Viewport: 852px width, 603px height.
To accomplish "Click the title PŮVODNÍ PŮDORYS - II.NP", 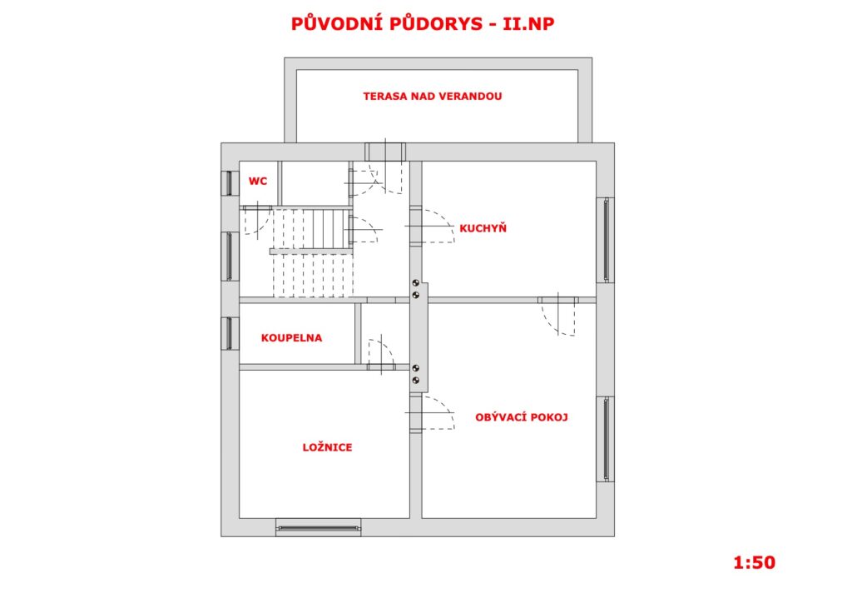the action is click(x=422, y=24).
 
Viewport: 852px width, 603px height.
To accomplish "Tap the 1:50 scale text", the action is click(x=754, y=562).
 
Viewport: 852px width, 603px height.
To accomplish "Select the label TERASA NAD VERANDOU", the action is click(x=433, y=97).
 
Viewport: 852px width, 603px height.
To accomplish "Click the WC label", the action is click(x=258, y=181).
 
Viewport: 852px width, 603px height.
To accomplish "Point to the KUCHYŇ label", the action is click(x=483, y=228).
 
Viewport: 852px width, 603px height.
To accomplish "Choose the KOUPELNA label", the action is click(x=292, y=337).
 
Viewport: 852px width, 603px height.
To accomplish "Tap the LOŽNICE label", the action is click(x=327, y=447).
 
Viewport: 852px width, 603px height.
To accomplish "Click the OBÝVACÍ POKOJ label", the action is click(x=522, y=417).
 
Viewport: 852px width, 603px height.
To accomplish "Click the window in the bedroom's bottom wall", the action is click(x=319, y=527).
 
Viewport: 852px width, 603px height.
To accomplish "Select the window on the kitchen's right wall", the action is click(x=606, y=241).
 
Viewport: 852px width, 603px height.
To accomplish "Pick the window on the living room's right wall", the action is click(x=606, y=439).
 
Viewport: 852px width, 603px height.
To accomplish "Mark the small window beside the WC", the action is click(x=230, y=184).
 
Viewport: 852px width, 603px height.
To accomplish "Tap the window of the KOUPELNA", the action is click(x=230, y=333).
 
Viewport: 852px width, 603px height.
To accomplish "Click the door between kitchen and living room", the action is click(x=558, y=316).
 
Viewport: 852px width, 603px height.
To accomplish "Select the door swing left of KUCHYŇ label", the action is click(x=431, y=227).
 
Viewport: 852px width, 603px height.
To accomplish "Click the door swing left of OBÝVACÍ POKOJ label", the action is click(x=431, y=413).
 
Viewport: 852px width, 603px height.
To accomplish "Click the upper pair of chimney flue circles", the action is click(x=416, y=289).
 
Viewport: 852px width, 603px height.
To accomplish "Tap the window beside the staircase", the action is click(x=230, y=256).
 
